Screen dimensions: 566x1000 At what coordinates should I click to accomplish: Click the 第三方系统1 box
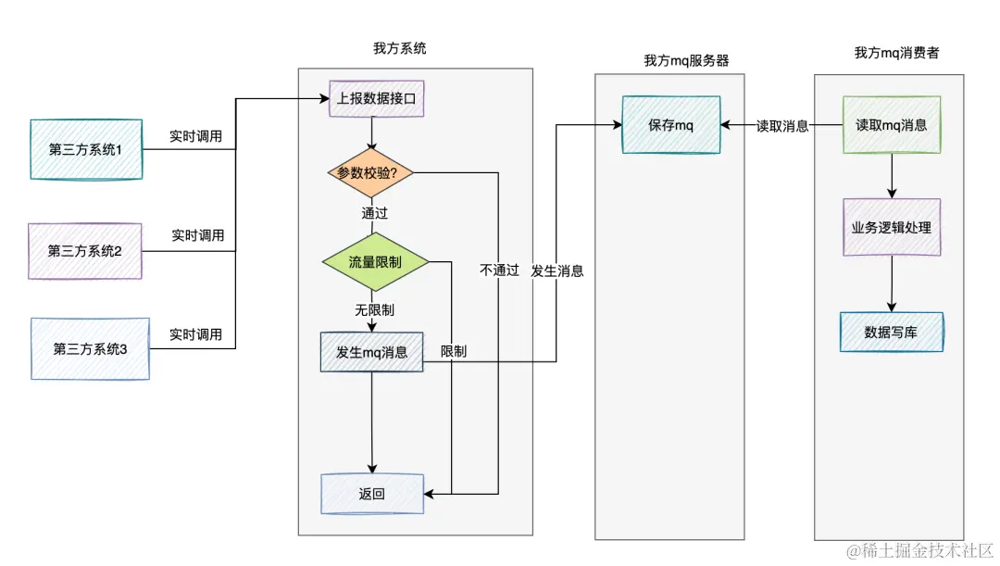pyautogui.click(x=86, y=149)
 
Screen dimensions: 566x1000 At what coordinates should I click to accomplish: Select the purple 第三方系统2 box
pyautogui.click(x=85, y=251)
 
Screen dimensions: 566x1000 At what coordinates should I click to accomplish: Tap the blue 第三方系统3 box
pyautogui.click(x=90, y=349)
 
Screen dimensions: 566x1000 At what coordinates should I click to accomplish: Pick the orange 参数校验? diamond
pyautogui.click(x=368, y=172)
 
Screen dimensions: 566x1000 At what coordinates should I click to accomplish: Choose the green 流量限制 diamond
pyautogui.click(x=375, y=262)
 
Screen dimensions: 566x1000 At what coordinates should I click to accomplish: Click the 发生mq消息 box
pyautogui.click(x=371, y=353)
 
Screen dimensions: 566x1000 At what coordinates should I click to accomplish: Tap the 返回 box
pyautogui.click(x=371, y=494)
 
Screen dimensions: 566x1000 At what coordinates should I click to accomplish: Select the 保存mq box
pyautogui.click(x=671, y=125)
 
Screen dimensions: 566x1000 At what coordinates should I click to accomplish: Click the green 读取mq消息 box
pyautogui.click(x=891, y=125)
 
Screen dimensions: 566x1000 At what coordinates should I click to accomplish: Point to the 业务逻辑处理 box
pyautogui.click(x=891, y=227)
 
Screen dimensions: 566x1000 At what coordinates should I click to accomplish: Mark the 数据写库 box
pyautogui.click(x=891, y=332)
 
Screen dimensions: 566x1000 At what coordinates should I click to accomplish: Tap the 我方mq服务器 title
pyautogui.click(x=686, y=60)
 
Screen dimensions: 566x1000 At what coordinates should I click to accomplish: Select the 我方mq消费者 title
pyautogui.click(x=896, y=53)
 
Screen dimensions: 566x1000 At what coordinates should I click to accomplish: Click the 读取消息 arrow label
pyautogui.click(x=782, y=126)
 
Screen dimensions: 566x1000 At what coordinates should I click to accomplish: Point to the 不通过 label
pyautogui.click(x=499, y=270)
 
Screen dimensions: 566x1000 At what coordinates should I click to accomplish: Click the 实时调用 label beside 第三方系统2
pyautogui.click(x=197, y=235)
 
